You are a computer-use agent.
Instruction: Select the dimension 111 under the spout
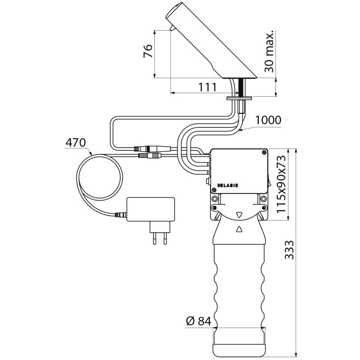207,87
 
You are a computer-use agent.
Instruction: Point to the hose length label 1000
268,120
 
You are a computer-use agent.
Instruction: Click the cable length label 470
76,143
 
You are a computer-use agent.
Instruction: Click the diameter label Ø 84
198,321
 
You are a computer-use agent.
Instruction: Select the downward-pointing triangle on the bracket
239,215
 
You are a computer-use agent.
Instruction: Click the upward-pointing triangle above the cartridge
239,229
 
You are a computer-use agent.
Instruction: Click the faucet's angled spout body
207,40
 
